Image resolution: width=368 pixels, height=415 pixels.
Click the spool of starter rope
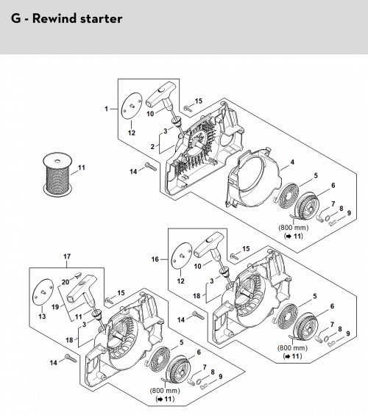[57, 174]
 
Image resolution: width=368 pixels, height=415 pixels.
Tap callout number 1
[106, 109]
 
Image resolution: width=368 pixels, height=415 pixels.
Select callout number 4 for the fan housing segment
[292, 162]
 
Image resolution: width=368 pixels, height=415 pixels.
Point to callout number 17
[67, 256]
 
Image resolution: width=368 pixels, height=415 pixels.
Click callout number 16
[155, 259]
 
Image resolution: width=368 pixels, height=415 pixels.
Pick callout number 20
[66, 282]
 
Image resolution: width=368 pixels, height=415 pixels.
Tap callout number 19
[55, 307]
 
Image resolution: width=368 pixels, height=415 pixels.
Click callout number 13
[42, 317]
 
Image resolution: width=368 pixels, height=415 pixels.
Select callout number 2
[152, 147]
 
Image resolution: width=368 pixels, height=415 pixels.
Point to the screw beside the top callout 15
[188, 108]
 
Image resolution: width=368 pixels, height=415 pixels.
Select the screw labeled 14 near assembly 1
[151, 167]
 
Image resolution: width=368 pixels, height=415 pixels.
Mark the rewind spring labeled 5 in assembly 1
[286, 194]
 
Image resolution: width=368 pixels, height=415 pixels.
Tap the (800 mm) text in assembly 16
[292, 347]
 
